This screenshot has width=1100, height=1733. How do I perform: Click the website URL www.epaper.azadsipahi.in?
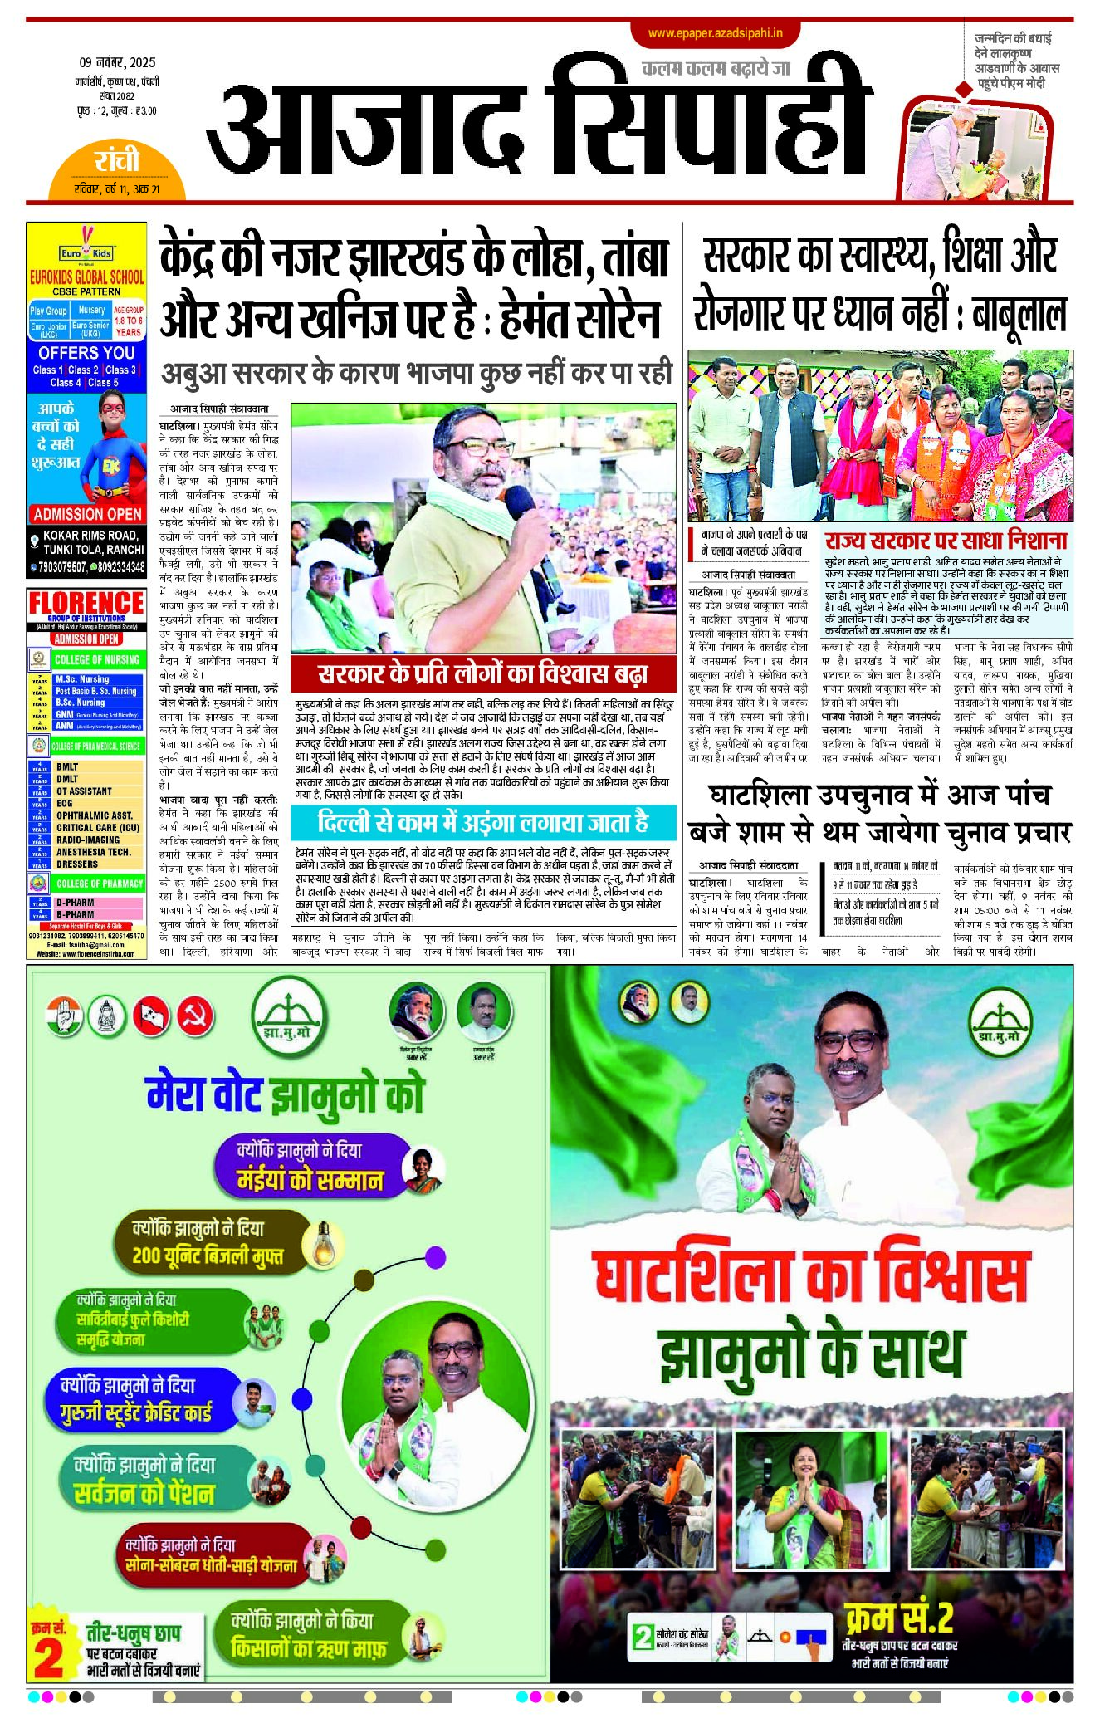[x=715, y=33]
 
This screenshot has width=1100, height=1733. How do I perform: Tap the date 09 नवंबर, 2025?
[x=117, y=62]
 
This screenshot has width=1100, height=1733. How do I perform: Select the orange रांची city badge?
[x=116, y=161]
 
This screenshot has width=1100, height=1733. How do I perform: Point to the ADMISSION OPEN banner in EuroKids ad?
[x=87, y=514]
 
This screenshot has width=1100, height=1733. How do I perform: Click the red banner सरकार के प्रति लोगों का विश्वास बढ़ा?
[x=482, y=673]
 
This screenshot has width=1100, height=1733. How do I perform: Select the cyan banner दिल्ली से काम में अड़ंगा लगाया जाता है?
[x=482, y=822]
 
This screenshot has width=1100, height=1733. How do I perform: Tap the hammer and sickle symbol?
[x=196, y=1016]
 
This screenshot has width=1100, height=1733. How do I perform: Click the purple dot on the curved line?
[x=435, y=1256]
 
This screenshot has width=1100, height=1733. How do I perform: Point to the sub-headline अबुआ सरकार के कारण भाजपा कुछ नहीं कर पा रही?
[x=416, y=374]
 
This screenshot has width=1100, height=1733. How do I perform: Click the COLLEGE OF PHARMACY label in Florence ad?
[x=99, y=884]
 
